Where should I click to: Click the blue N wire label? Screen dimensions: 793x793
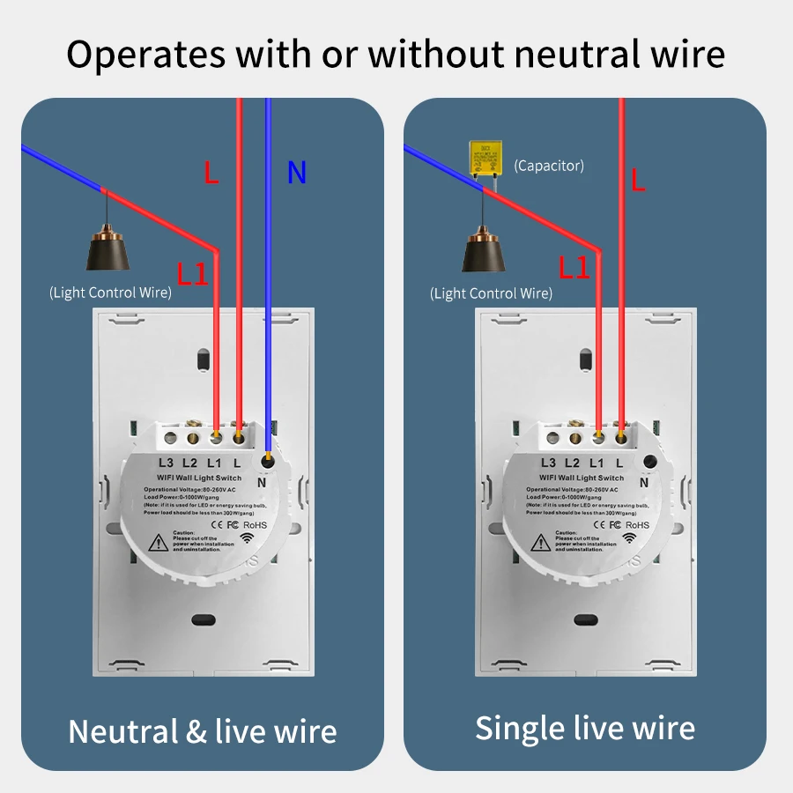click(297, 174)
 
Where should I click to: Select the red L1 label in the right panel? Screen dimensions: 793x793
click(574, 268)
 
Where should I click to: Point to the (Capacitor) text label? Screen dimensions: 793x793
click(549, 165)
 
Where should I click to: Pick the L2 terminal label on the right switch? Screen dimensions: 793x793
click(572, 463)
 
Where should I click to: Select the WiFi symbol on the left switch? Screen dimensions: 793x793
click(250, 539)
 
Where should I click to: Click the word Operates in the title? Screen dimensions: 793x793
click(145, 55)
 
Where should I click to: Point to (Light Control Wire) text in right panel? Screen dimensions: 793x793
click(492, 293)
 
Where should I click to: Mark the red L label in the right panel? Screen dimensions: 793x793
click(639, 182)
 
